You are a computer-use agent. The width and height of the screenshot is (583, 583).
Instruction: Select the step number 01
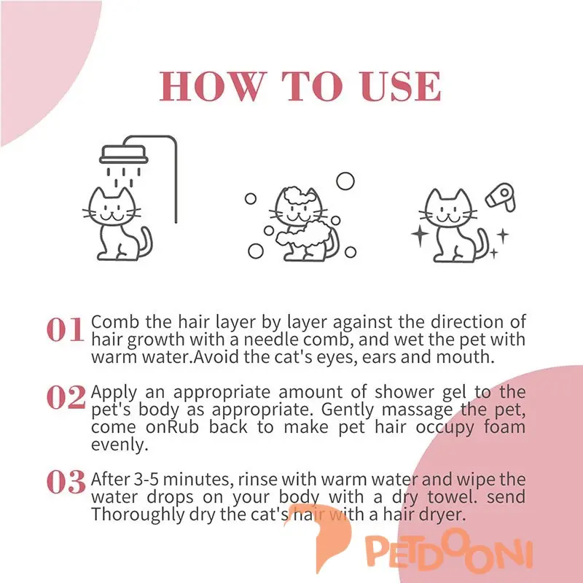click(x=65, y=329)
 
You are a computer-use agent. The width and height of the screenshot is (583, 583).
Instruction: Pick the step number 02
click(x=66, y=397)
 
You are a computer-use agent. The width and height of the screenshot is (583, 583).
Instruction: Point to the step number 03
click(x=66, y=482)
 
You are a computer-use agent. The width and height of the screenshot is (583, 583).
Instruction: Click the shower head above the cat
click(x=123, y=154)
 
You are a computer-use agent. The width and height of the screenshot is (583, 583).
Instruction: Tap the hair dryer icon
click(x=501, y=197)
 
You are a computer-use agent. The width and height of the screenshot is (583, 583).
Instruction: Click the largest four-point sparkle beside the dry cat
click(x=420, y=235)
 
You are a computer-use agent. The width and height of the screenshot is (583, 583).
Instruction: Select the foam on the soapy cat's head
click(x=299, y=196)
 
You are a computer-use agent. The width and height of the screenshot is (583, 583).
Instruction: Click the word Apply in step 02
click(x=114, y=393)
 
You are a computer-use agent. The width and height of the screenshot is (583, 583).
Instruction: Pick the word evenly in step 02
click(x=120, y=445)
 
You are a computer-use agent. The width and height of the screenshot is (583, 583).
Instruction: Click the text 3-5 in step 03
click(x=146, y=480)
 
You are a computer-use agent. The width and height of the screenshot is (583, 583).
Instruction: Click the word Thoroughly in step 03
click(x=138, y=515)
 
